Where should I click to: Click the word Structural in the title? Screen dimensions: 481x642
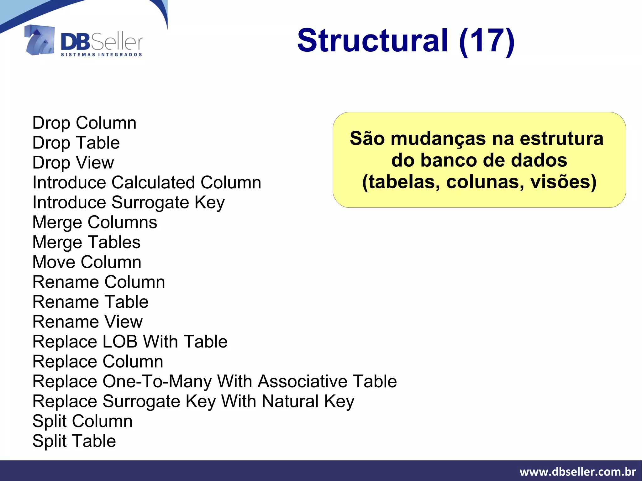(372, 41)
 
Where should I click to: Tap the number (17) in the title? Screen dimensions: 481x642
(487, 41)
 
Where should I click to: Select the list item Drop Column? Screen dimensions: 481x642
(84, 123)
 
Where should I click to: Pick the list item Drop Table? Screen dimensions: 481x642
(76, 143)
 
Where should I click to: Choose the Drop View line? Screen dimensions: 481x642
(73, 163)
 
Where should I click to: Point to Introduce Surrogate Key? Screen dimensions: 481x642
(129, 202)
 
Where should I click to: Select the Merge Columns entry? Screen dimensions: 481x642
(95, 222)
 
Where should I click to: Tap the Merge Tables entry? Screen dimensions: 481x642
(87, 242)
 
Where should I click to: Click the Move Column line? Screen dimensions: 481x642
(87, 262)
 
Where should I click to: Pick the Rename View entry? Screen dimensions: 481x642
(87, 322)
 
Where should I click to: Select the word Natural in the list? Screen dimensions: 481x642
(290, 401)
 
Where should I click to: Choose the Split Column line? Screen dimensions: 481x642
(82, 421)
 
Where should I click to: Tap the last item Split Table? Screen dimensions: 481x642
(74, 441)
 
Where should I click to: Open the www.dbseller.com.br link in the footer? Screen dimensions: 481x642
(577, 472)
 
